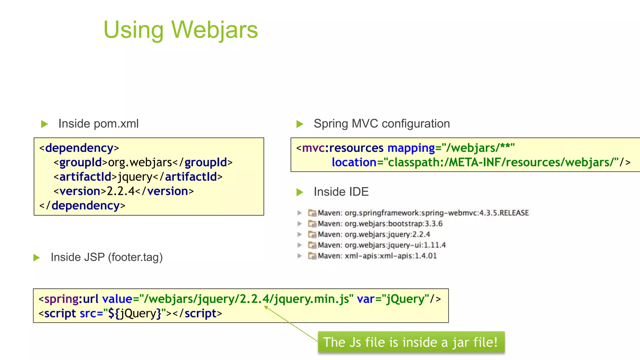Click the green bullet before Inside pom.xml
pyautogui.click(x=44, y=124)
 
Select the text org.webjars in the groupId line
pyautogui.click(x=140, y=162)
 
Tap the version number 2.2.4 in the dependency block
pyautogui.click(x=121, y=191)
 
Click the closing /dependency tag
pyautogui.click(x=82, y=205)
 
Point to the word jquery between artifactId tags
pyautogui.click(x=135, y=177)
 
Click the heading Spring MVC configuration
pyautogui.click(x=382, y=124)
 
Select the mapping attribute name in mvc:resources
pyautogui.click(x=411, y=148)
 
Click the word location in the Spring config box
pyautogui.click(x=354, y=162)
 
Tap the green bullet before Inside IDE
pyautogui.click(x=300, y=192)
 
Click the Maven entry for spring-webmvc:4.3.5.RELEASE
pyautogui.click(x=423, y=213)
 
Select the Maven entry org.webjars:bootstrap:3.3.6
pyautogui.click(x=380, y=224)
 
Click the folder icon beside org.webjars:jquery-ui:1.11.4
pyautogui.click(x=312, y=245)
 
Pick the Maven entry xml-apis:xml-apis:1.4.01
pyautogui.click(x=377, y=256)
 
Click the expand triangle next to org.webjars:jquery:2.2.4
pyautogui.click(x=300, y=234)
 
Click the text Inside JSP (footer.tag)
pyautogui.click(x=107, y=257)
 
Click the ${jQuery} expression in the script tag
pyautogui.click(x=134, y=313)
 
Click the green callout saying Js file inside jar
pyautogui.click(x=411, y=342)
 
